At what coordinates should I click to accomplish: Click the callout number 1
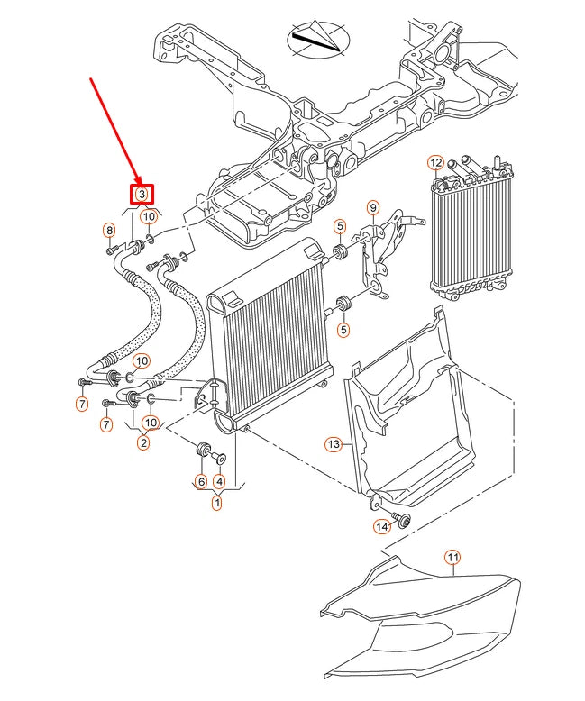[216, 504]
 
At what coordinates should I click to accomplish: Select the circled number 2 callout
[142, 442]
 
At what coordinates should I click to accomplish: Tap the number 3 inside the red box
[142, 194]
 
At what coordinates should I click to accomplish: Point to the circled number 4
[218, 481]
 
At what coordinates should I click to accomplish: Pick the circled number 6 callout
[200, 481]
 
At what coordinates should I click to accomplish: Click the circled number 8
[110, 231]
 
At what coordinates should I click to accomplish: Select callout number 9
[372, 208]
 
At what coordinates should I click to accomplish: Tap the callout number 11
[452, 559]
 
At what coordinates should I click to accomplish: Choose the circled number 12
[435, 163]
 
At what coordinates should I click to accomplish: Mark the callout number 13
[333, 443]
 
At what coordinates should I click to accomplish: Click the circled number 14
[381, 525]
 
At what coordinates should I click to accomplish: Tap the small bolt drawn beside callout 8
[111, 250]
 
